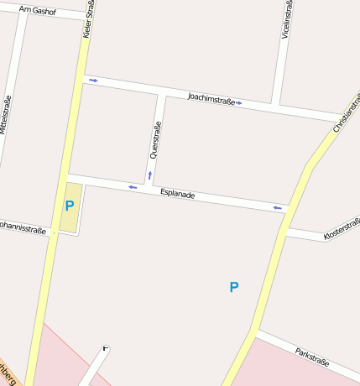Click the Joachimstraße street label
[211, 98]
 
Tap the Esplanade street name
[177, 194]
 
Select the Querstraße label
[154, 140]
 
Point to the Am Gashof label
[37, 11]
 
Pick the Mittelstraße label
[5, 116]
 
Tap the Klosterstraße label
[342, 232]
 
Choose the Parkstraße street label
[311, 356]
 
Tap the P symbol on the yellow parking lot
[70, 206]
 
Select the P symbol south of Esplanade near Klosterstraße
[234, 287]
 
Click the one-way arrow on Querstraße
[150, 175]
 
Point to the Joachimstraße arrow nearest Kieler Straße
[93, 81]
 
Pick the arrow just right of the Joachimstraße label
[239, 102]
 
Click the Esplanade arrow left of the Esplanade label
[133, 187]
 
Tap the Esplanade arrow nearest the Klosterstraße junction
[277, 206]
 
